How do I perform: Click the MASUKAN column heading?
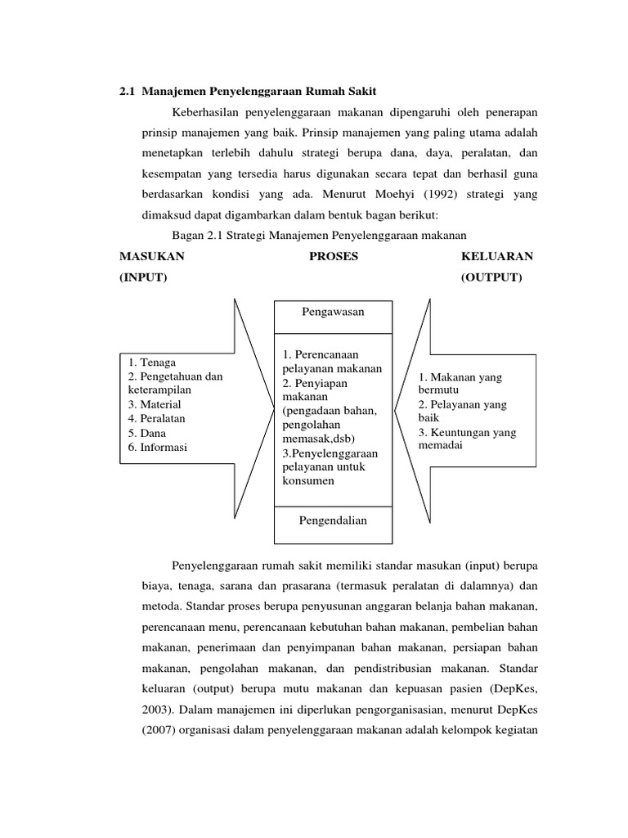(x=152, y=256)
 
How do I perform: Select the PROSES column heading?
(x=334, y=256)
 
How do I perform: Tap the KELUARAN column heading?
(x=497, y=256)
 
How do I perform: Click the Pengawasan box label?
(x=333, y=312)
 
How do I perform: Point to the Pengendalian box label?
(x=333, y=520)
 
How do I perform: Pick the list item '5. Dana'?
(x=147, y=433)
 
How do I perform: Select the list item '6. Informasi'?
(x=158, y=447)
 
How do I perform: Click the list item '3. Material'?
(x=155, y=404)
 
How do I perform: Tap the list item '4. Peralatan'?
(x=157, y=418)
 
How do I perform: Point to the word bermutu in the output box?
(x=440, y=391)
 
